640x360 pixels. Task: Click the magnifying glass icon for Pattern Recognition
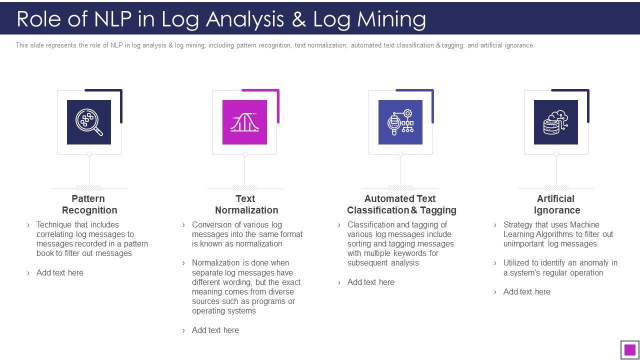pyautogui.click(x=89, y=122)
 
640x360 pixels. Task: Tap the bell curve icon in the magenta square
pyautogui.click(x=244, y=122)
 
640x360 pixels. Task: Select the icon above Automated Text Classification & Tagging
pyautogui.click(x=400, y=122)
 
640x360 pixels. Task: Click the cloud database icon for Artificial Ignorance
pyautogui.click(x=556, y=122)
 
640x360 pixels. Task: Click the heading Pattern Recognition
pyautogui.click(x=89, y=204)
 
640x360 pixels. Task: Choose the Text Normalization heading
pyautogui.click(x=246, y=204)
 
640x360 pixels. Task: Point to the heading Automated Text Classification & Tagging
pyautogui.click(x=401, y=204)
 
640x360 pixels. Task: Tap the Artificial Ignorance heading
pyautogui.click(x=556, y=204)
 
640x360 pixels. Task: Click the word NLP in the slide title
pyautogui.click(x=113, y=19)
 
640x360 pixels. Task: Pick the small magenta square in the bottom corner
pyautogui.click(x=630, y=349)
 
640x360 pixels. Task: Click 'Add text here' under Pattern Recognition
pyautogui.click(x=59, y=272)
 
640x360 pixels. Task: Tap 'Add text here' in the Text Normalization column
pyautogui.click(x=215, y=330)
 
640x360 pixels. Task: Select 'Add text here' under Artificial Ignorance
pyautogui.click(x=526, y=291)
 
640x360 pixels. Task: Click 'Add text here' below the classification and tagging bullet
pyautogui.click(x=370, y=282)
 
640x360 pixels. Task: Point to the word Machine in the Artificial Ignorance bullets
pyautogui.click(x=584, y=224)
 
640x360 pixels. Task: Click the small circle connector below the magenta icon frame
pyautogui.click(x=245, y=154)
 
